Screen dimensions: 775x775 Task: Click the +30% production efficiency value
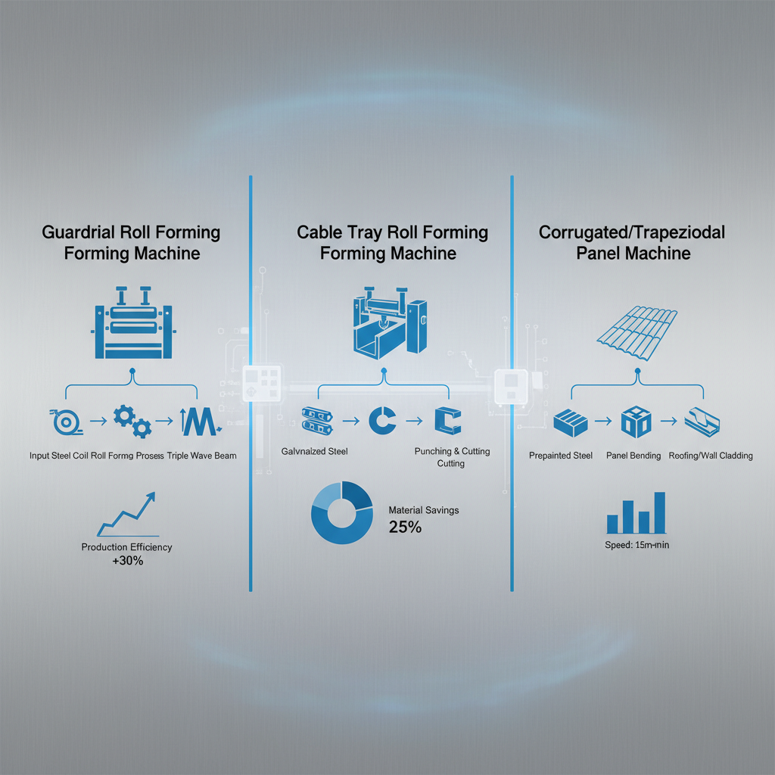[126, 562]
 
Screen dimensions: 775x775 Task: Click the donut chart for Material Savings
[342, 514]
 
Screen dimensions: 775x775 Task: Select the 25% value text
[404, 527]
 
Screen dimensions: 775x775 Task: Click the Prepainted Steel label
[561, 456]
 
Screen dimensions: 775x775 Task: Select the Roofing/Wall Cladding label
[711, 456]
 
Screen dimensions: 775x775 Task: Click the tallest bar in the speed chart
[659, 512]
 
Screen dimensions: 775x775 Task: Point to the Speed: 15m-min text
[637, 543]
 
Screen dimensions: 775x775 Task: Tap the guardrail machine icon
[132, 322]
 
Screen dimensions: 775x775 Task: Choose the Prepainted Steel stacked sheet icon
[571, 422]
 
